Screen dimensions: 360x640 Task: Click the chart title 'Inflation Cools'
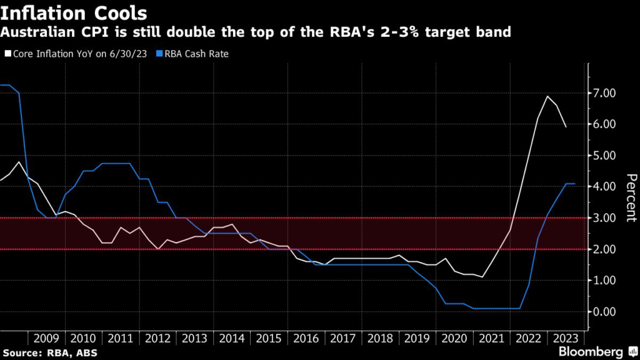74,12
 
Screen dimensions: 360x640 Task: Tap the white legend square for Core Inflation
7,54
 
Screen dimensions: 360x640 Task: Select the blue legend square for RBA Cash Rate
161,54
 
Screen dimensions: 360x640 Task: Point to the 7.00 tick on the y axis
604,93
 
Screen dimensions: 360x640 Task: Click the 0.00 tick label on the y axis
604,312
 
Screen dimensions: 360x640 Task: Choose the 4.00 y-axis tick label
604,187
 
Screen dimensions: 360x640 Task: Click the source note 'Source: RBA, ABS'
44,352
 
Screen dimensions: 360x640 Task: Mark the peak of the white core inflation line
547,96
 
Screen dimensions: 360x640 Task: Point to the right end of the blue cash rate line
574,183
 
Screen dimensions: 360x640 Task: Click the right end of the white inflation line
566,127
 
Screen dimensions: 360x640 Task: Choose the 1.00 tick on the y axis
604,281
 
